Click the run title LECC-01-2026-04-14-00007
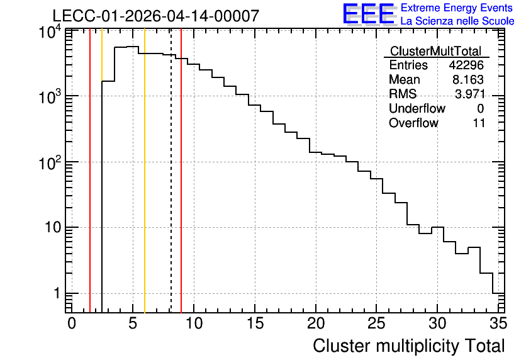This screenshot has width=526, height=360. (x=156, y=16)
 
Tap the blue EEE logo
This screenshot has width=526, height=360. (x=369, y=14)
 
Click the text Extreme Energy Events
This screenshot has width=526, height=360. (x=457, y=8)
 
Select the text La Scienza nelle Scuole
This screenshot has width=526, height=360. (x=457, y=21)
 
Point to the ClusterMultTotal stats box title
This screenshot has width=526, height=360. (x=436, y=51)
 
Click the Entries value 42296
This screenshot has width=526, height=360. (x=466, y=65)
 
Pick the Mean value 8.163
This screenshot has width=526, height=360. (x=468, y=80)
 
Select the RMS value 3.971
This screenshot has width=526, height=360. (x=469, y=94)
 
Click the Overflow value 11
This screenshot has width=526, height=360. (x=479, y=123)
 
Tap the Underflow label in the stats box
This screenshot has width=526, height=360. (x=417, y=108)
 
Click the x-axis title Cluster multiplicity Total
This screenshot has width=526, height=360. (x=408, y=346)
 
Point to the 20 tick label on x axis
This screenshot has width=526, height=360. (x=316, y=323)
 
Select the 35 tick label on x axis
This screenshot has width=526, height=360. (x=498, y=323)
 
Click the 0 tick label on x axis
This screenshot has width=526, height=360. (x=72, y=323)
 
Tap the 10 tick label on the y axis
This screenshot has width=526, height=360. (x=53, y=228)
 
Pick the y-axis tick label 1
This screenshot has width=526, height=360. (x=57, y=293)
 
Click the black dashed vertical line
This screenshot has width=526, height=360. (x=171, y=171)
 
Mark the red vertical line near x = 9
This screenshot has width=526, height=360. (x=181, y=171)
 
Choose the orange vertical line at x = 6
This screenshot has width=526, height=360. (x=145, y=171)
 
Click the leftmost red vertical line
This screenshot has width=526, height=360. (x=90, y=171)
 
